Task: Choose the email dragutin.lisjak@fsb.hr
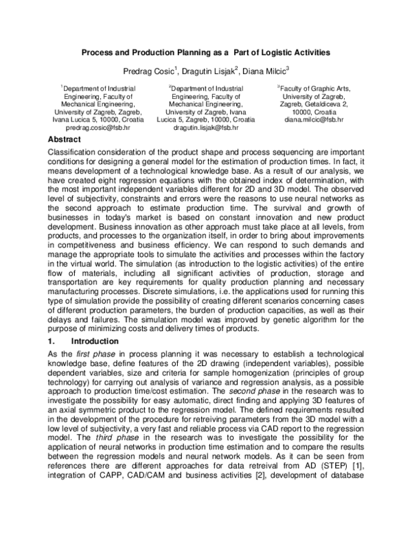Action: click(x=206, y=128)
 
